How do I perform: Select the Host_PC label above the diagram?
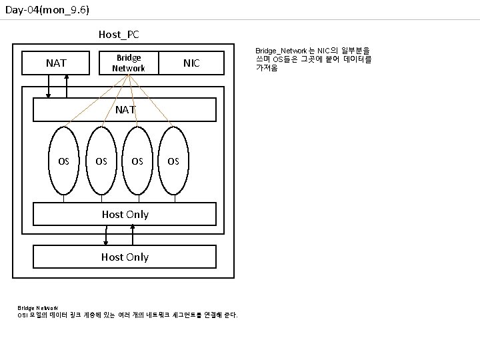click(119, 34)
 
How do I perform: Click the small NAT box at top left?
click(56, 63)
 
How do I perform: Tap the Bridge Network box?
click(129, 63)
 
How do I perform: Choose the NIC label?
click(191, 63)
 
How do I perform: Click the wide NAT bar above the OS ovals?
click(125, 109)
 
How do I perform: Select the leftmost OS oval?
click(64, 161)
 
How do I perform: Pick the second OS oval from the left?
click(101, 161)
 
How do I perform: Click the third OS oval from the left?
click(137, 161)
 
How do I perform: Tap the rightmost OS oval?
click(173, 161)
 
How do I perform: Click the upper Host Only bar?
click(125, 214)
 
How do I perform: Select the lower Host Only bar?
click(125, 257)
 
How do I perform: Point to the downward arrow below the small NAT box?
click(49, 86)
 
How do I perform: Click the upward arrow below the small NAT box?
click(67, 86)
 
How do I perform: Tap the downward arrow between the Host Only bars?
click(107, 235)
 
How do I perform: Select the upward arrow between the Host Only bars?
click(133, 235)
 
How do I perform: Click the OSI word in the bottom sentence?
click(23, 315)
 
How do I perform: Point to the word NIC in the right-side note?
click(325, 51)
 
